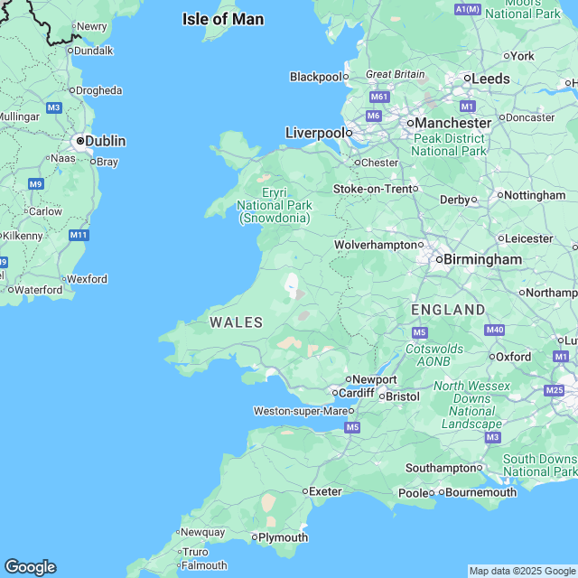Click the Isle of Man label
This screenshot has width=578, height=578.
(222, 19)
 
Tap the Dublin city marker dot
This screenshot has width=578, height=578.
(80, 141)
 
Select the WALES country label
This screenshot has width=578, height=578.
(236, 322)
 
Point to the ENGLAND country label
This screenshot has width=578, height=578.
(448, 310)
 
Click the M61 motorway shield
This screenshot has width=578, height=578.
(378, 97)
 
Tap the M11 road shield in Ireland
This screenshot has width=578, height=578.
(79, 235)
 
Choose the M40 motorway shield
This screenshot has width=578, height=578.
(494, 330)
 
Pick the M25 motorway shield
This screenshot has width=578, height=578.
(555, 390)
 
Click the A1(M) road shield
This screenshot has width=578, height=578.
(468, 9)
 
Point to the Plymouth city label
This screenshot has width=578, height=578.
(283, 537)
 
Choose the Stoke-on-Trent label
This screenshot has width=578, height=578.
(371, 189)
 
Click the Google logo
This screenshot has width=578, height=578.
(29, 567)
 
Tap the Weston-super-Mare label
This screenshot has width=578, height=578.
(301, 411)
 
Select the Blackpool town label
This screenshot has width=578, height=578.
(315, 77)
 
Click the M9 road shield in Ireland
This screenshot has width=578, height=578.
(35, 183)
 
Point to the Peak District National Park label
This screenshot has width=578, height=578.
(448, 144)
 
